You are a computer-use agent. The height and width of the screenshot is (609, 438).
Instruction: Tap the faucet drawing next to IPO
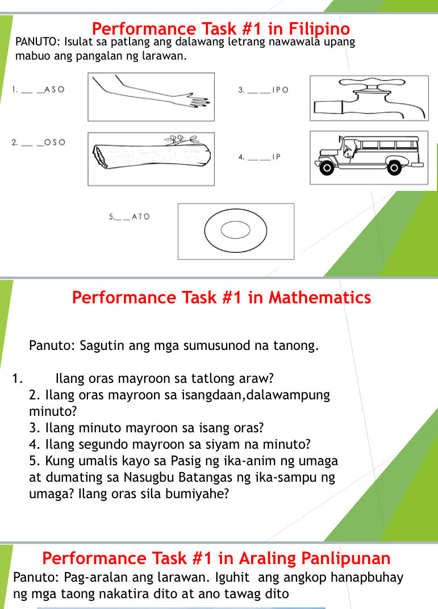point(369,99)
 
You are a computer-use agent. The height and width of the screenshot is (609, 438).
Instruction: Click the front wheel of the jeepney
point(327,168)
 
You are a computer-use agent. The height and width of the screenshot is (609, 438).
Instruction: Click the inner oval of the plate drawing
point(235,231)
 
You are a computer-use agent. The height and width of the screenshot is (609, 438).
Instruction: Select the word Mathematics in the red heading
point(319,297)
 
